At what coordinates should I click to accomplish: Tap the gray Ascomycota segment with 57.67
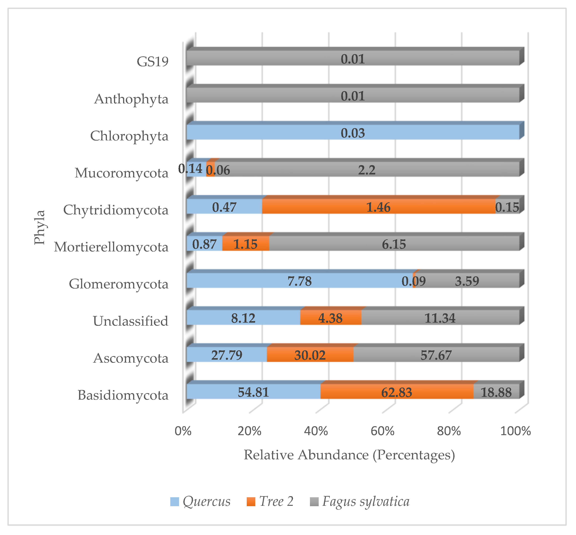click(x=436, y=355)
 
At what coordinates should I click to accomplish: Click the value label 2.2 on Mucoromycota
click(x=366, y=170)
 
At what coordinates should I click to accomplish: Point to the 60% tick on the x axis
click(x=382, y=431)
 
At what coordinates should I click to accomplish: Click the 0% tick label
click(x=183, y=431)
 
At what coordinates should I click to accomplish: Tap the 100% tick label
click(x=515, y=431)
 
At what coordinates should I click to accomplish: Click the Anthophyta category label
click(x=131, y=99)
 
